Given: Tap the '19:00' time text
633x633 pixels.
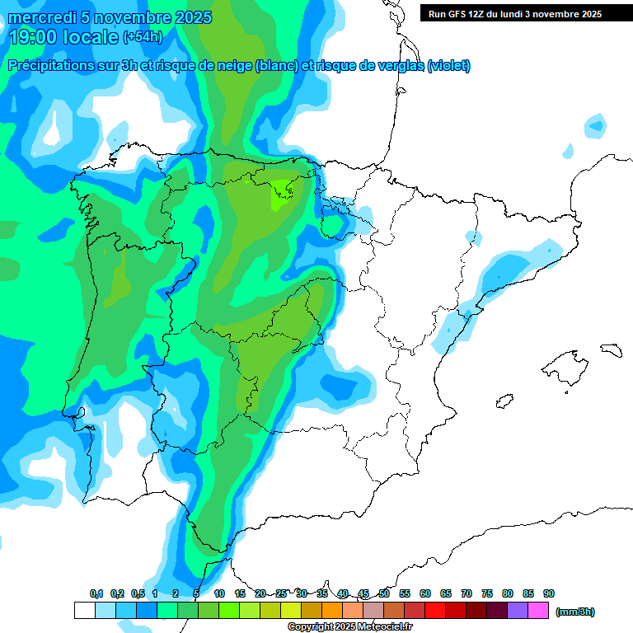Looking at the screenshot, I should [34, 36].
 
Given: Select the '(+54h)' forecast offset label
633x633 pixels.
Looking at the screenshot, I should [143, 36].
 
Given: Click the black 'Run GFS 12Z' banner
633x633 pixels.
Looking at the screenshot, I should [514, 13].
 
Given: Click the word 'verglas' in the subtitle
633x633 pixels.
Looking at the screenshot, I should [396, 66].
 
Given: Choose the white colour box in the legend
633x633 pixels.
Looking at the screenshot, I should [84, 611].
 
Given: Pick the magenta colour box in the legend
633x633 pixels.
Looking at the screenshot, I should [538, 611].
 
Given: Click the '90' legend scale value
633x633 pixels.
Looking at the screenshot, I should [549, 593].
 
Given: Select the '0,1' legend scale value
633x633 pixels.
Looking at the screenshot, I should [96, 593].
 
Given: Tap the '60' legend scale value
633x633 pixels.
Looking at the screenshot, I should [425, 593].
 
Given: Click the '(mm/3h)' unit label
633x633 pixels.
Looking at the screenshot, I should [575, 612].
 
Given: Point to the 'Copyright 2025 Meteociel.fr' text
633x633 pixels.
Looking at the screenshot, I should [350, 627].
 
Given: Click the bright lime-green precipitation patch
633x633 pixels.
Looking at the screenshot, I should [284, 195].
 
